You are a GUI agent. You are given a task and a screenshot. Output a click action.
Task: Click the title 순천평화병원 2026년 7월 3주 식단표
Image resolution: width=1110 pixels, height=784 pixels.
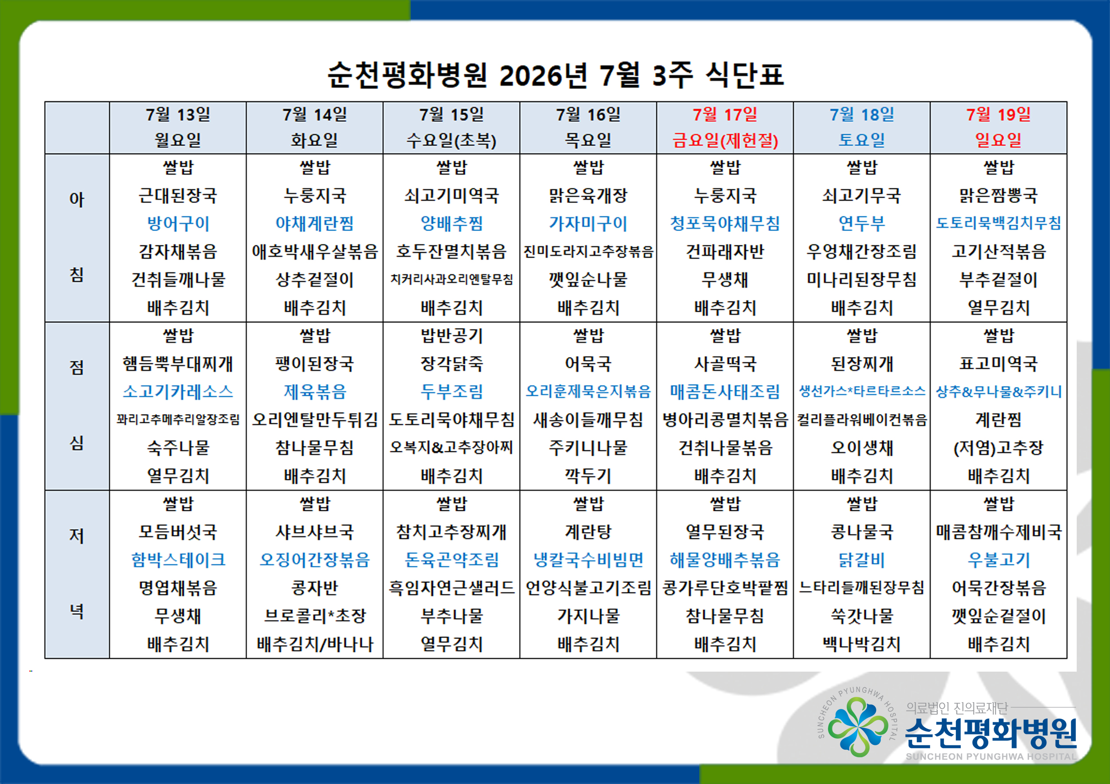coord(555,75)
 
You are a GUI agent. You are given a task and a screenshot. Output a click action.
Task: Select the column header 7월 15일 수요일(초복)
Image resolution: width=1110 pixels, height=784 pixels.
coord(452,127)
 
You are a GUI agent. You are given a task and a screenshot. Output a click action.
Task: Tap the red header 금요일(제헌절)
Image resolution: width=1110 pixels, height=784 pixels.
coord(725,141)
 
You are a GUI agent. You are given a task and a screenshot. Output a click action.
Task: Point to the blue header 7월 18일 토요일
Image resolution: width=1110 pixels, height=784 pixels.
coord(862,127)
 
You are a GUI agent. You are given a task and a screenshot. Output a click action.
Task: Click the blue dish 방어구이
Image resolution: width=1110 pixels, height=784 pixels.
coord(178,223)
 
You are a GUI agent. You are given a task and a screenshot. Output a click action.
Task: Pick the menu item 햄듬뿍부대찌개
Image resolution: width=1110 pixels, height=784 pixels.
coord(178,364)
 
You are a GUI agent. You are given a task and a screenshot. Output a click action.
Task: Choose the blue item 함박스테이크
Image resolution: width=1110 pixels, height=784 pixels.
coord(178,560)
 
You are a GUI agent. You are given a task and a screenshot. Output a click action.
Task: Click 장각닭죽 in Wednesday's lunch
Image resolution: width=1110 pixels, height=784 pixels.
coord(452,364)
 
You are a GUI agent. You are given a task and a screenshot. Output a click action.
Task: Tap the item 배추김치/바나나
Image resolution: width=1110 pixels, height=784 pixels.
coord(315,644)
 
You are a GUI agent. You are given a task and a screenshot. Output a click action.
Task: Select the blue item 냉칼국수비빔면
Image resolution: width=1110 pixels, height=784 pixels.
coord(588,560)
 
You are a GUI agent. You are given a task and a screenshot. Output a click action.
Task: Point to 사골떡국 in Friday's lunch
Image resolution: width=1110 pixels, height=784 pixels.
coord(725,364)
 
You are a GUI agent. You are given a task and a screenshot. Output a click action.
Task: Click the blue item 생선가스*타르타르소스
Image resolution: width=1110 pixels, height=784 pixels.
coord(862,391)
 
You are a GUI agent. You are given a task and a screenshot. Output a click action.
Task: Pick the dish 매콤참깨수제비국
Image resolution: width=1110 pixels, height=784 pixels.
coord(999,532)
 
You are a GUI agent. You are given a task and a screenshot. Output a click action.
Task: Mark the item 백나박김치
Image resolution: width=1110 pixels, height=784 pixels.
coord(862,644)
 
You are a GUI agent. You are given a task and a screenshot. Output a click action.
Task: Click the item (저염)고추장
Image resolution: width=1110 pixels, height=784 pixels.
coord(999,448)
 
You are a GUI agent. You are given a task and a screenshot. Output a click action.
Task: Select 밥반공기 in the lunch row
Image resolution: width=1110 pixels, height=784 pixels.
coord(452,336)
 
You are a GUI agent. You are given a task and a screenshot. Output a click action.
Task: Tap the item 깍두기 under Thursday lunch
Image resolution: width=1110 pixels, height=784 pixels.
coord(588,476)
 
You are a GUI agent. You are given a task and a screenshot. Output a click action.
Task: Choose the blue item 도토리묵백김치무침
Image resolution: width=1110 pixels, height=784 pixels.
coord(999,223)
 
